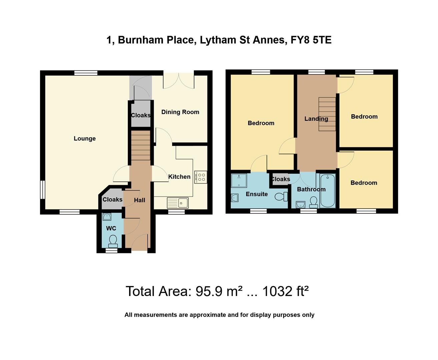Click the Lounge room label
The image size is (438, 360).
click(85, 138)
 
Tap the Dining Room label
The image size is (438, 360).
click(180, 112)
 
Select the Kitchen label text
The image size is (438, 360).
click(179, 177)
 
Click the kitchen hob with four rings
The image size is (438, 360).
click(201, 177)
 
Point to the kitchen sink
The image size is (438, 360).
click(178, 202)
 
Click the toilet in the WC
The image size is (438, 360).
click(113, 241)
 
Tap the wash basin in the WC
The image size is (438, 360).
click(107, 217)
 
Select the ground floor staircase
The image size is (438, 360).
click(140, 146)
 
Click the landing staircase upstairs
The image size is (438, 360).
click(327, 114)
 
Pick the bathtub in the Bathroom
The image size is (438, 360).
click(328, 191)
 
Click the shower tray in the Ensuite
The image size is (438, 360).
click(239, 181)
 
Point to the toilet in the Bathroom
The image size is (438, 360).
click(313, 202)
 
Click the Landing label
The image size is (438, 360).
click(316, 119)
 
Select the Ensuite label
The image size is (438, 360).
click(257, 194)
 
